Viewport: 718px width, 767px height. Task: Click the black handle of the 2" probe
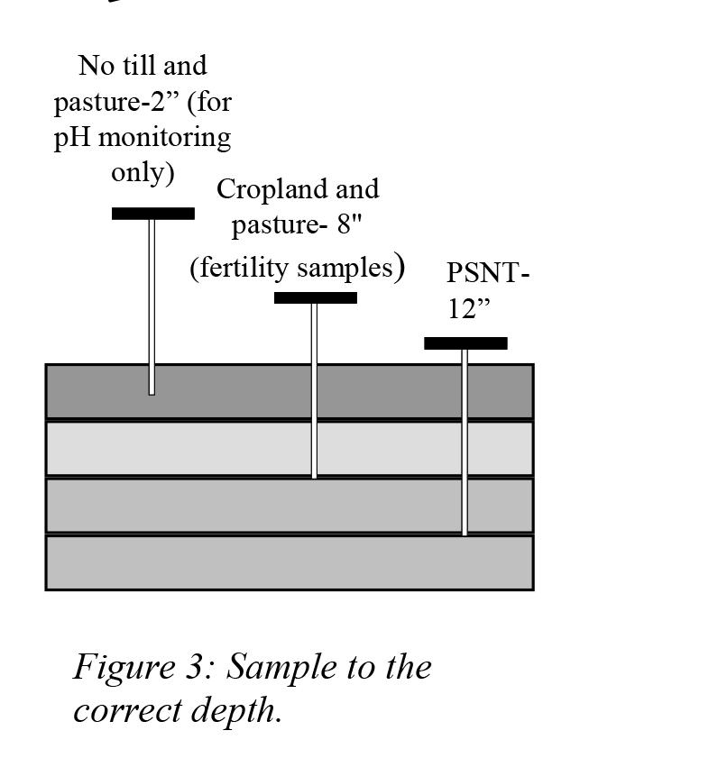click(x=152, y=214)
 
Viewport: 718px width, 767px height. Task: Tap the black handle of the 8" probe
click(x=315, y=298)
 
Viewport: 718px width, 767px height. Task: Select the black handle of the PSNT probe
click(x=465, y=343)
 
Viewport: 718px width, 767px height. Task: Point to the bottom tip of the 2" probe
click(x=152, y=391)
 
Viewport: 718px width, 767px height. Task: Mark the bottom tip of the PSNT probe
click(x=465, y=532)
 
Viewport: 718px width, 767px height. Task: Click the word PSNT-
click(x=487, y=272)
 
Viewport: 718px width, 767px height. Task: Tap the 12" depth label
click(x=469, y=309)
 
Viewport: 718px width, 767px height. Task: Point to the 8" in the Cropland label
click(x=349, y=224)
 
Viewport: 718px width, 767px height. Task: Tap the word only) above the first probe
click(x=143, y=172)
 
